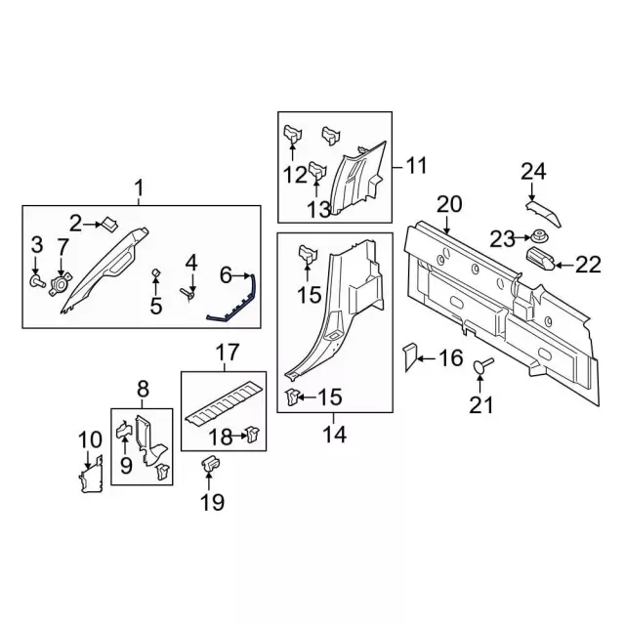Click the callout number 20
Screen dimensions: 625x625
pos(449,204)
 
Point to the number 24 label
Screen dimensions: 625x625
pos(533,172)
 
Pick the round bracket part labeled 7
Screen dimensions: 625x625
pos(61,283)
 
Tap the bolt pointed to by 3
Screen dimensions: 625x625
pos(37,281)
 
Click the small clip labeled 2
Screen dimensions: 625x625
pos(110,224)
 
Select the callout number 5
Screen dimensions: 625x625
pos(156,306)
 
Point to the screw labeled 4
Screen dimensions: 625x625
pos(187,294)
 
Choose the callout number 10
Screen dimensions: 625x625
pos(90,440)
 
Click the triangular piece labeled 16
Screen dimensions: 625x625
pos(410,357)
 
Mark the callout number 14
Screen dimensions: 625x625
pos(334,434)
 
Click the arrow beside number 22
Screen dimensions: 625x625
pos(564,265)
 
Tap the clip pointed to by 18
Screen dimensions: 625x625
pos(253,434)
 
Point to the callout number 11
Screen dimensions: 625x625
pos(416,165)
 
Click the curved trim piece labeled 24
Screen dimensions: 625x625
pos(544,213)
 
